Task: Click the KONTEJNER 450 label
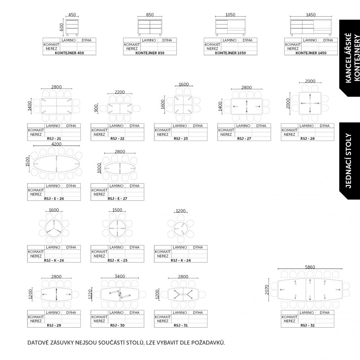[x=69, y=53]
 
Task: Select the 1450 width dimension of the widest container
[x=311, y=15]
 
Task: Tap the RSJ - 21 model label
[x=54, y=139]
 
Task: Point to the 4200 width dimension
[x=56, y=144]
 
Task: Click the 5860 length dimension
[x=310, y=267]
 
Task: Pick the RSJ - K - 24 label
[x=181, y=260]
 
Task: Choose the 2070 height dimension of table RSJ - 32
[x=266, y=289]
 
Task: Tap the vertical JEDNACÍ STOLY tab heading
[x=348, y=161]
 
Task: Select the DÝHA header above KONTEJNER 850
[x=167, y=40]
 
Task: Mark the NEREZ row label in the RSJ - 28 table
[x=289, y=134]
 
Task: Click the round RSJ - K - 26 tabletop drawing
[x=54, y=229]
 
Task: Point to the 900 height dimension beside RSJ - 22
[x=96, y=108]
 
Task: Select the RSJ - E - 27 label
[x=117, y=199]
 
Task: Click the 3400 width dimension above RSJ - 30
[x=120, y=276]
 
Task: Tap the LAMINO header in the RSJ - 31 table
[x=180, y=312]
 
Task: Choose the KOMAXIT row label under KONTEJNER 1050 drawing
[x=212, y=44]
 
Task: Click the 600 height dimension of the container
[x=61, y=27]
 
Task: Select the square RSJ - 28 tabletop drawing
[x=310, y=103]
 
